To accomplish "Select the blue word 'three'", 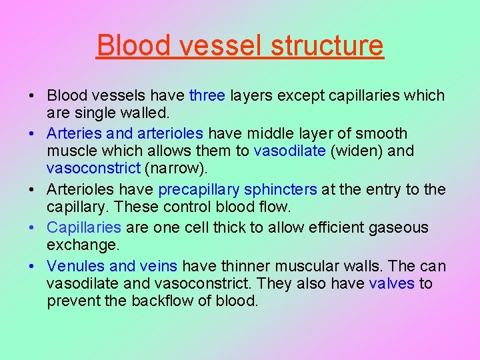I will pyautogui.click(x=207, y=95).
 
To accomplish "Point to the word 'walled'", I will pyautogui.click(x=141, y=114).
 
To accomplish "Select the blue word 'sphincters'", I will pyautogui.click(x=281, y=190).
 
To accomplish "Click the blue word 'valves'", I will pyautogui.click(x=391, y=285).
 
